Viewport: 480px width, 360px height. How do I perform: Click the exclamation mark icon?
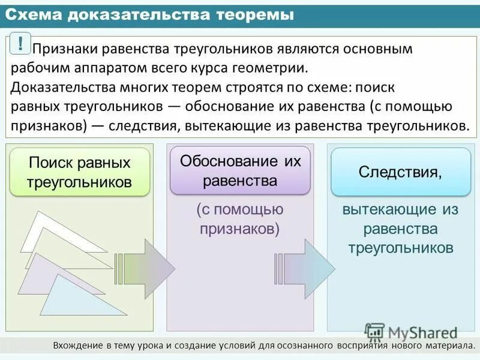tap(21, 43)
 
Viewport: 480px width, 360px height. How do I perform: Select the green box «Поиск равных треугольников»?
tap(80, 172)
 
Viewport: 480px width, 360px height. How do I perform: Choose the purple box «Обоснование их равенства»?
tap(240, 170)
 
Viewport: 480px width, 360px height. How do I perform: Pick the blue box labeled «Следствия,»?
tap(400, 172)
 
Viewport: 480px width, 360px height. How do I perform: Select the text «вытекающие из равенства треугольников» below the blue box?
tap(400, 229)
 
